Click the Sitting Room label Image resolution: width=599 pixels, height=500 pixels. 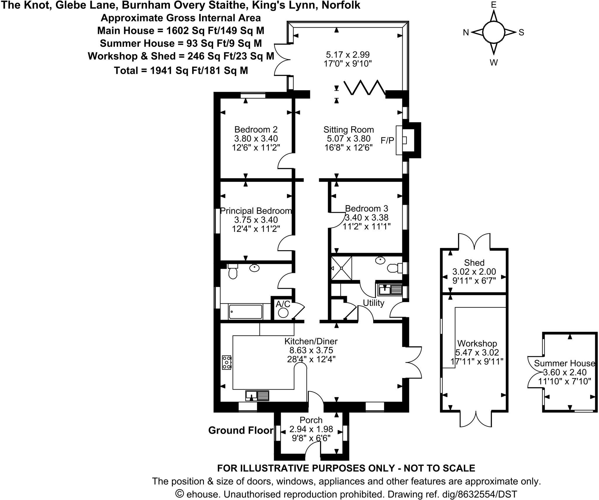(348, 129)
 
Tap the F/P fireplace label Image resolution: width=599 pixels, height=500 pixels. (387, 141)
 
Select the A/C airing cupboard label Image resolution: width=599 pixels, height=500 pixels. (283, 304)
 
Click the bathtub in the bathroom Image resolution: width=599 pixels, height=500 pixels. (245, 312)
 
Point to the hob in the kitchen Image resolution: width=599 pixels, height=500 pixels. (226, 362)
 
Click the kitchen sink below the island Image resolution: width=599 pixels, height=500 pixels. (257, 396)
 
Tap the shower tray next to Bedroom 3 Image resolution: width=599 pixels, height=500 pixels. (341, 268)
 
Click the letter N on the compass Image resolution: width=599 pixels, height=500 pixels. (466, 32)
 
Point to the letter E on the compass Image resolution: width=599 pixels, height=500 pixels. (494, 5)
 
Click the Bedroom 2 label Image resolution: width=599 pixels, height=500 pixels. (256, 129)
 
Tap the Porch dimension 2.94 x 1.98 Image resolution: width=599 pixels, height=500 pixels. (311, 429)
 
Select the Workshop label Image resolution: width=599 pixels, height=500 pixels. (477, 343)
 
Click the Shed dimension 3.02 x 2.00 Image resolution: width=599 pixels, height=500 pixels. (474, 272)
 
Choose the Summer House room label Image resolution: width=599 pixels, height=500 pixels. (564, 363)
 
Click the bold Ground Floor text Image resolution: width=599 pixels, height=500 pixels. (241, 430)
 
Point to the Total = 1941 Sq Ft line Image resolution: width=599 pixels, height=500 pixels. (181, 70)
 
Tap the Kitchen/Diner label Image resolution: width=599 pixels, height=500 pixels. (311, 341)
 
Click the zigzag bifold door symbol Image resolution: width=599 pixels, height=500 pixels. (364, 87)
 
